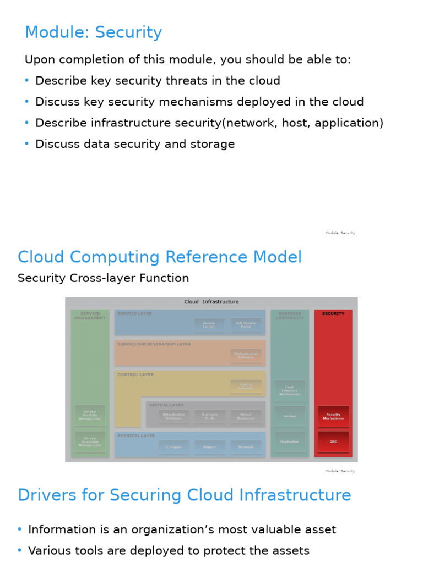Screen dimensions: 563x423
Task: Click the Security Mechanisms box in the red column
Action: pos(333,416)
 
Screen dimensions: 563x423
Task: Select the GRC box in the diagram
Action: pos(333,441)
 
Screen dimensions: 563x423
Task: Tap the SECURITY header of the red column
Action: pos(333,314)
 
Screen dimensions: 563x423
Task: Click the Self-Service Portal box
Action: pos(246,325)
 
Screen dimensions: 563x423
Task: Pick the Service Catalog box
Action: pos(209,325)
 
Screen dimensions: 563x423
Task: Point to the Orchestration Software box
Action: pos(246,355)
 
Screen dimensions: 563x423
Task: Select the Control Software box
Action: pos(246,387)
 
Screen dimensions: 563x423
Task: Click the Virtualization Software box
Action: pos(173,417)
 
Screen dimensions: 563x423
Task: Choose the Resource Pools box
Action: pos(209,417)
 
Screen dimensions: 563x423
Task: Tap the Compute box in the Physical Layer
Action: pos(173,447)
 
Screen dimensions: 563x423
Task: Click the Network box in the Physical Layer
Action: pos(246,447)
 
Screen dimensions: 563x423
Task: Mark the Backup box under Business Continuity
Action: pos(290,416)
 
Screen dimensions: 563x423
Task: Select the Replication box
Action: pos(290,441)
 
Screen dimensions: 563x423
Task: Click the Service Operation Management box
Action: pos(90,441)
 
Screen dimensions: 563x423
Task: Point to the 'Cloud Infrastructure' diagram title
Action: pos(211,302)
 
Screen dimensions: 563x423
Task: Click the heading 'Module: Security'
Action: pos(93,33)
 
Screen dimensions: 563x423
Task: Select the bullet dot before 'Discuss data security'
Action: pos(26,144)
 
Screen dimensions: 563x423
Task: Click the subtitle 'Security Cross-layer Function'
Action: pos(103,278)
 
